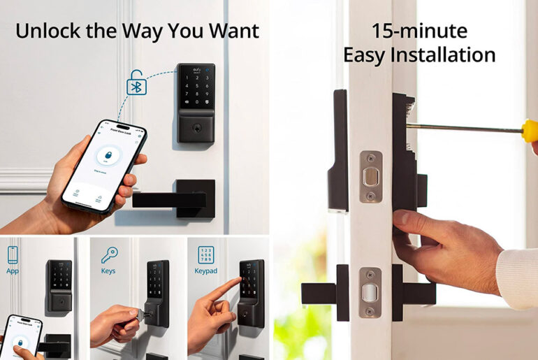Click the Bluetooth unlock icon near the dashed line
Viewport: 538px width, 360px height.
(x=137, y=84)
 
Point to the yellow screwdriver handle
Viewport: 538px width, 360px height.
(x=530, y=131)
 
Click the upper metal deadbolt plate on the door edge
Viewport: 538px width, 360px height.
(x=370, y=177)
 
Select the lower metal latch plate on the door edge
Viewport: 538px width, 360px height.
(x=370, y=292)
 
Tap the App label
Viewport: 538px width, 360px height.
(x=13, y=271)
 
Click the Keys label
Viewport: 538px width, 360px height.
(x=108, y=271)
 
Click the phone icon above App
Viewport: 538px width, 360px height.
(x=13, y=254)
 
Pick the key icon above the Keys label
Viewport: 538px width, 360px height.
(x=109, y=254)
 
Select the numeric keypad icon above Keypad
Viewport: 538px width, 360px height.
(x=205, y=254)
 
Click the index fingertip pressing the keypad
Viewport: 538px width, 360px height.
(x=238, y=283)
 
